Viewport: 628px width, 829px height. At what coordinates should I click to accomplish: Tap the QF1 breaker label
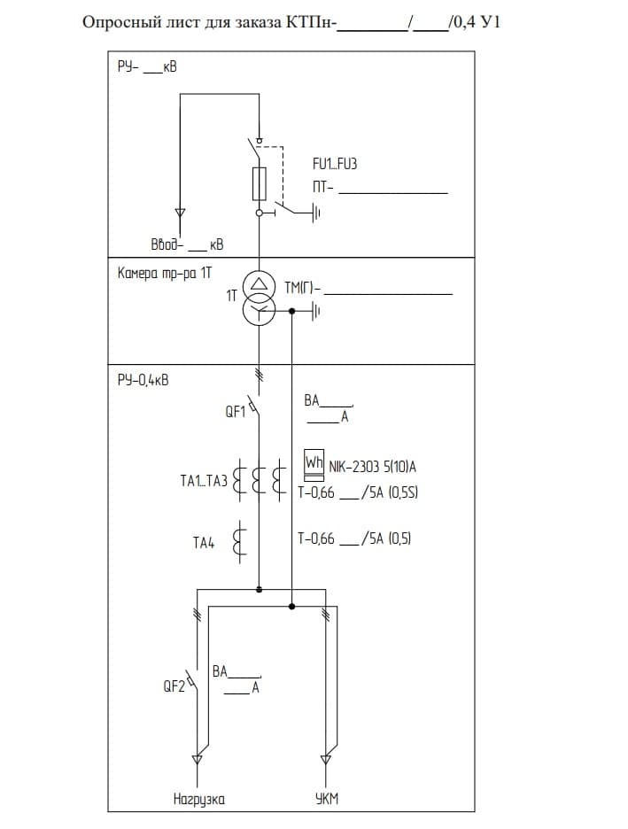[236, 411]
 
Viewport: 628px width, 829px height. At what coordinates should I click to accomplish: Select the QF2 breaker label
[174, 686]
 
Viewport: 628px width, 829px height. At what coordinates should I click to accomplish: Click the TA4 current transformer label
[204, 542]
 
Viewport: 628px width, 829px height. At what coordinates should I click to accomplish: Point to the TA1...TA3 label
[204, 481]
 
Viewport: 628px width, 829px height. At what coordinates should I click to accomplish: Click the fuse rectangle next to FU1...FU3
[259, 184]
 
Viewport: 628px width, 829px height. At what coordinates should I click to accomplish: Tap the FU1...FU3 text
[335, 164]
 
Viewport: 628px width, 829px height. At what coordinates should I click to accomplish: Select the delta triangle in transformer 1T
[258, 283]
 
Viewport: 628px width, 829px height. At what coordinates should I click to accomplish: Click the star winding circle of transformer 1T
[259, 312]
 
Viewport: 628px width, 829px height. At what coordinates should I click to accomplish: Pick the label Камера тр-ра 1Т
[165, 273]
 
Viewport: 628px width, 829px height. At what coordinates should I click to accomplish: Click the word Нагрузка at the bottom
[198, 799]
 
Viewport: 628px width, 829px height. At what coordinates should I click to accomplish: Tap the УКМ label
[326, 799]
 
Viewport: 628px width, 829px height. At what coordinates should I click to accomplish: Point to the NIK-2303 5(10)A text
[372, 467]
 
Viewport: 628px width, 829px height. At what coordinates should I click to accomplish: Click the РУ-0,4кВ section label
[143, 380]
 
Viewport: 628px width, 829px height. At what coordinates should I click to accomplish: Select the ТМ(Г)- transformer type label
[302, 288]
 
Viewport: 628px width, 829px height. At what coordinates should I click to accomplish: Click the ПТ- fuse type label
[322, 187]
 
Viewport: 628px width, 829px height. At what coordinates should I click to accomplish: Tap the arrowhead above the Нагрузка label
[198, 760]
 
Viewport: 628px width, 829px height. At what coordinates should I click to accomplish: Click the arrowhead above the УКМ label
[326, 760]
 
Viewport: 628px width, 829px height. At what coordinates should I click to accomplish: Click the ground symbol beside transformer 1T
[315, 312]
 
